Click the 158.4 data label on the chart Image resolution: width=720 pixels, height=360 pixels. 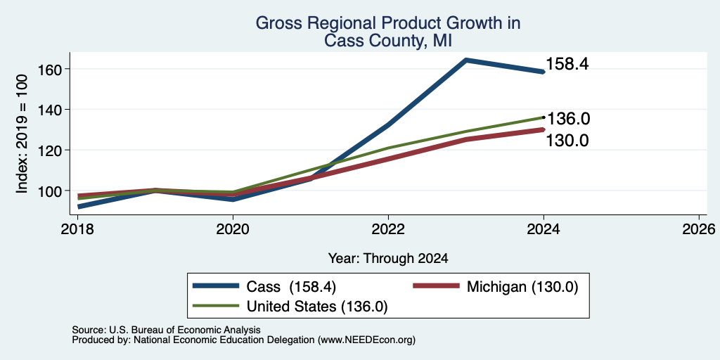567,65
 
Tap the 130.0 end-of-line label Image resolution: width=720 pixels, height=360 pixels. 567,141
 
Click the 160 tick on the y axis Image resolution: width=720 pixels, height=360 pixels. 47,69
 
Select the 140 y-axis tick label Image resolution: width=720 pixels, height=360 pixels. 47,109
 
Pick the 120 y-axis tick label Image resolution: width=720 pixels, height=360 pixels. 47,150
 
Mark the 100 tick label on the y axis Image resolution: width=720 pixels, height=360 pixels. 47,191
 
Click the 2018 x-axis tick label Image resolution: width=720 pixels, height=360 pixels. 77,229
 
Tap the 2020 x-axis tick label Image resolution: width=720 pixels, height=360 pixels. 233,229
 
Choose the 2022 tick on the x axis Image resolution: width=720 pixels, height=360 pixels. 388,229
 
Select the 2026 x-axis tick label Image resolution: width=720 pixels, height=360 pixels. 699,229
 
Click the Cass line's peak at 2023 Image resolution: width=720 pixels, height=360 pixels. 466,60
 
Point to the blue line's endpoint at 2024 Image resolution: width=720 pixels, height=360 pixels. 544,72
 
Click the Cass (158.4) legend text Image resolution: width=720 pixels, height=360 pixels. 292,287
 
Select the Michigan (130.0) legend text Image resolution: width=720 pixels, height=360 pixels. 522,287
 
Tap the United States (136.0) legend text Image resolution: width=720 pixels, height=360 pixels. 317,307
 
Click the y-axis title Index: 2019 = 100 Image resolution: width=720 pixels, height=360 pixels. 22,134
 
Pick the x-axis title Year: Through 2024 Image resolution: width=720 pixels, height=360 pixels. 388,259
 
